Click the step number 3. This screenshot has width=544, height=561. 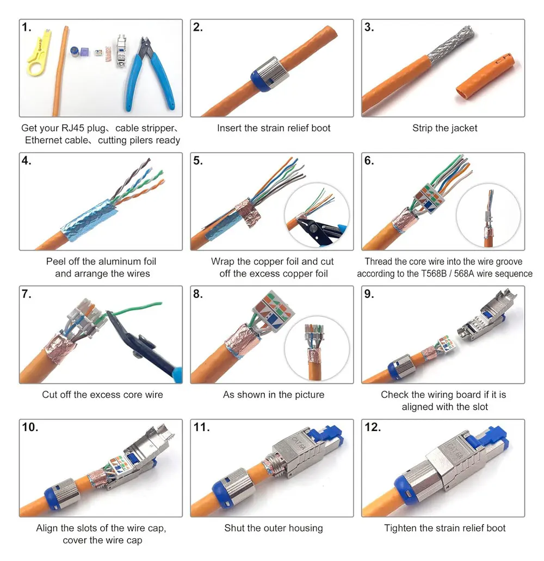point(369,27)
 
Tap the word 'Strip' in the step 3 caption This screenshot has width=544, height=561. point(423,128)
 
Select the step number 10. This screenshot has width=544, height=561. point(30,427)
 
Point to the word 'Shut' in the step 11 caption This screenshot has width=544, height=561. point(235,528)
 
